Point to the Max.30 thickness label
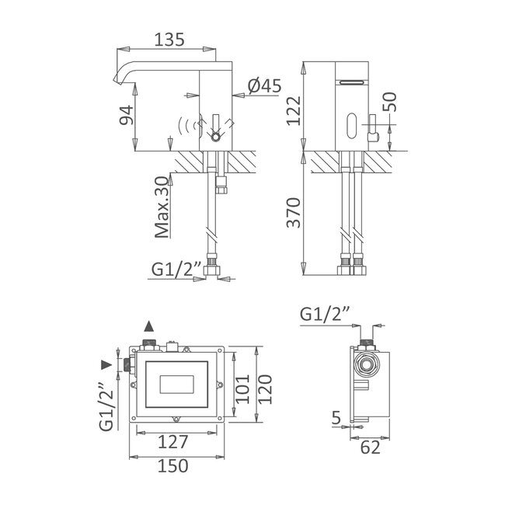click(162, 206)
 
